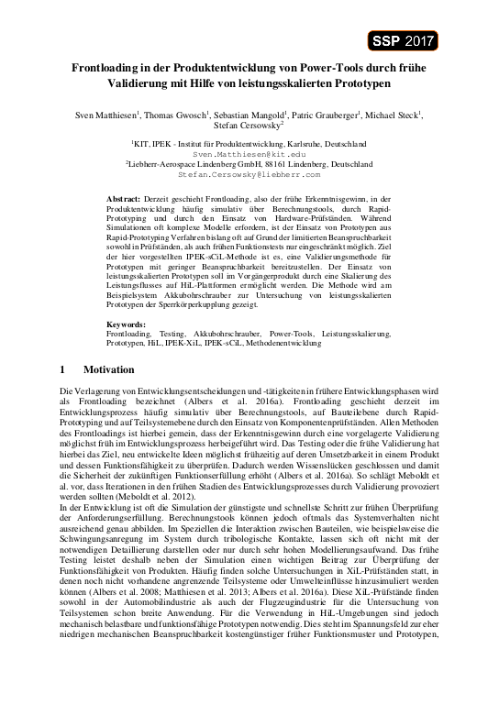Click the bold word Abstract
(124, 198)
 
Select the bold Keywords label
(126, 325)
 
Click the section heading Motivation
(108, 369)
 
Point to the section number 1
(61, 369)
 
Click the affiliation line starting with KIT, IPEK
(249, 145)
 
